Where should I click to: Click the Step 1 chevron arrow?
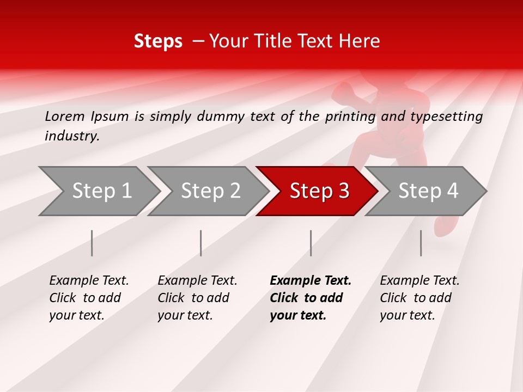101,191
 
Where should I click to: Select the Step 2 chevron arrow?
210,191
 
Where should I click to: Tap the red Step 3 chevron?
319,191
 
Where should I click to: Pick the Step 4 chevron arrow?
428,191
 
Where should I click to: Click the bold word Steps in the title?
158,41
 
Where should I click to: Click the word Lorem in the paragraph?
65,117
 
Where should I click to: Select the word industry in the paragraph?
71,136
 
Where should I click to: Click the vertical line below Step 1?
92,243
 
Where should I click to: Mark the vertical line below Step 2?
201,243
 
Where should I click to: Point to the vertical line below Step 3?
311,243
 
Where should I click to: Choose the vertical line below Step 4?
421,243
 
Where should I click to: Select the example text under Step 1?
88,298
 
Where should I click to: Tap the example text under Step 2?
197,298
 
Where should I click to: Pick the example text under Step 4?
419,298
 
